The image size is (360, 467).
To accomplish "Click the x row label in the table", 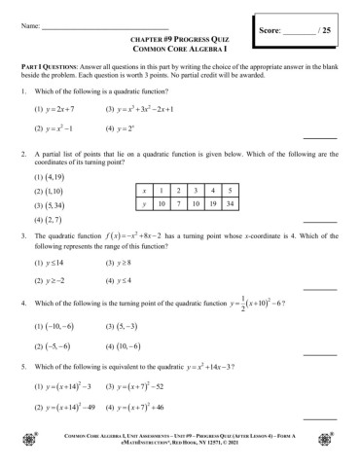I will pos(144,190).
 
